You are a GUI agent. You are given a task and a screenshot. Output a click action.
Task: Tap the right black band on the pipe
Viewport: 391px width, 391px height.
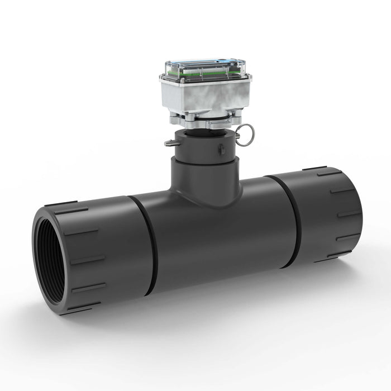[x=290, y=221]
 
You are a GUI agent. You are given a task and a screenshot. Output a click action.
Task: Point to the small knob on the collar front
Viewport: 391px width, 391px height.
[x=221, y=149]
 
